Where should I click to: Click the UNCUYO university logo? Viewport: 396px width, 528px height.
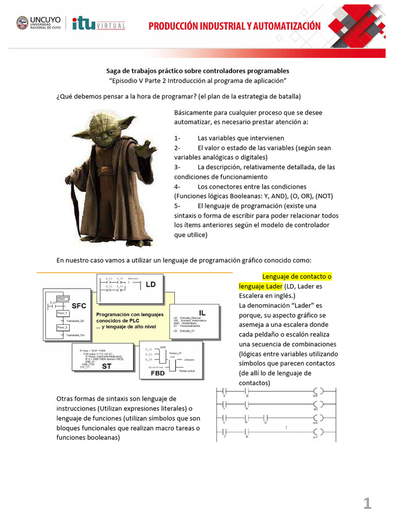click(x=39, y=24)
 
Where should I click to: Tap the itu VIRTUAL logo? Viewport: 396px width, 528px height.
click(x=98, y=24)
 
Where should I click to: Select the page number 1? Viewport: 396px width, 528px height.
click(x=367, y=504)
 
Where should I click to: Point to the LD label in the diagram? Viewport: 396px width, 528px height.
click(x=151, y=284)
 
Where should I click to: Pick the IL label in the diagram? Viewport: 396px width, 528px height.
click(x=202, y=312)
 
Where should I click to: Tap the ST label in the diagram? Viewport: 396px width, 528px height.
click(x=106, y=366)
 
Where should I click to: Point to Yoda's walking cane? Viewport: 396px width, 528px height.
click(x=78, y=206)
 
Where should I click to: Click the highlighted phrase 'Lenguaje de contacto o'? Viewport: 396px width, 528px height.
click(x=297, y=276)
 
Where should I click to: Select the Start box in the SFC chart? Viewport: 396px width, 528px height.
click(x=63, y=299)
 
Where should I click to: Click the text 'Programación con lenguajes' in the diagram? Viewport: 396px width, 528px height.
click(x=129, y=314)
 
